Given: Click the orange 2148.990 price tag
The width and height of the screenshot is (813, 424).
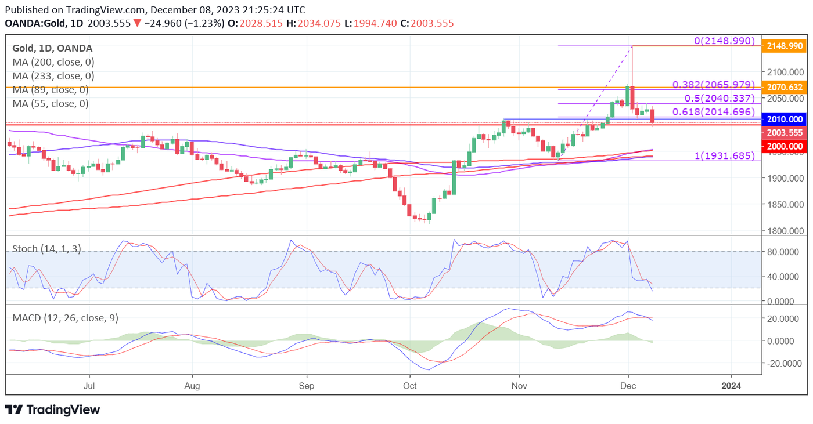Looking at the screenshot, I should pyautogui.click(x=784, y=46).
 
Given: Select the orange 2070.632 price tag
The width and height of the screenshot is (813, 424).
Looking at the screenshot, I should pyautogui.click(x=784, y=88).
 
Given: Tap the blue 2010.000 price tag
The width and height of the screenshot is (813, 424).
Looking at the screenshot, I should pyautogui.click(x=784, y=119).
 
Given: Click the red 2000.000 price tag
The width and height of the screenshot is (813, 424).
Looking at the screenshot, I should pyautogui.click(x=784, y=147).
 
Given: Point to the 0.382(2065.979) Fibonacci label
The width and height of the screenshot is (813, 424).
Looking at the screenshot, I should pyautogui.click(x=714, y=85).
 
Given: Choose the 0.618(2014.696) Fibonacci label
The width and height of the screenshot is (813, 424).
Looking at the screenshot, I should pyautogui.click(x=714, y=112).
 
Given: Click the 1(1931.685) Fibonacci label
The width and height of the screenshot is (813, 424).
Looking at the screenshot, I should pyautogui.click(x=725, y=156).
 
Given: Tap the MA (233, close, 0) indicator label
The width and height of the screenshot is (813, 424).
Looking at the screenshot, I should pyautogui.click(x=53, y=76).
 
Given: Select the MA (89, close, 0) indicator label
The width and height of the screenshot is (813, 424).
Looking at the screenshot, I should pyautogui.click(x=51, y=90).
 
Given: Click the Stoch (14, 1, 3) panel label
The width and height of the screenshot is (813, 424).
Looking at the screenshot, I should pyautogui.click(x=46, y=249).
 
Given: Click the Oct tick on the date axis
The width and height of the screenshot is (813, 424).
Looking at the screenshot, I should pyautogui.click(x=410, y=385).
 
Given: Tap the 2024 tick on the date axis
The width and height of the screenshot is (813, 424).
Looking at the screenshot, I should pyautogui.click(x=731, y=385).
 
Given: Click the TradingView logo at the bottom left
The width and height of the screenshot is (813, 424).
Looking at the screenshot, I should pyautogui.click(x=52, y=409).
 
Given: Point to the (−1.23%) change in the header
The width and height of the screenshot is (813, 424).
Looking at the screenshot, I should pyautogui.click(x=204, y=23).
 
